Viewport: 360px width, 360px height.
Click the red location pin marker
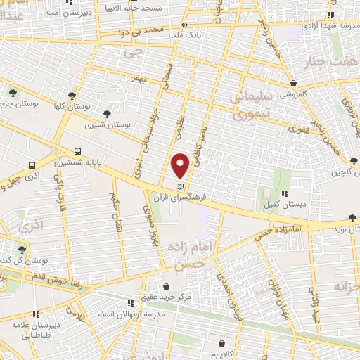pos(181,165)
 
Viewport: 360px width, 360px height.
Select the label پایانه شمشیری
pos(101,162)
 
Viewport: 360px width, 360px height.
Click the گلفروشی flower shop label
pos(294,94)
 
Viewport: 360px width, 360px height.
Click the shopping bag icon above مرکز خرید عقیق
pos(166,287)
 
